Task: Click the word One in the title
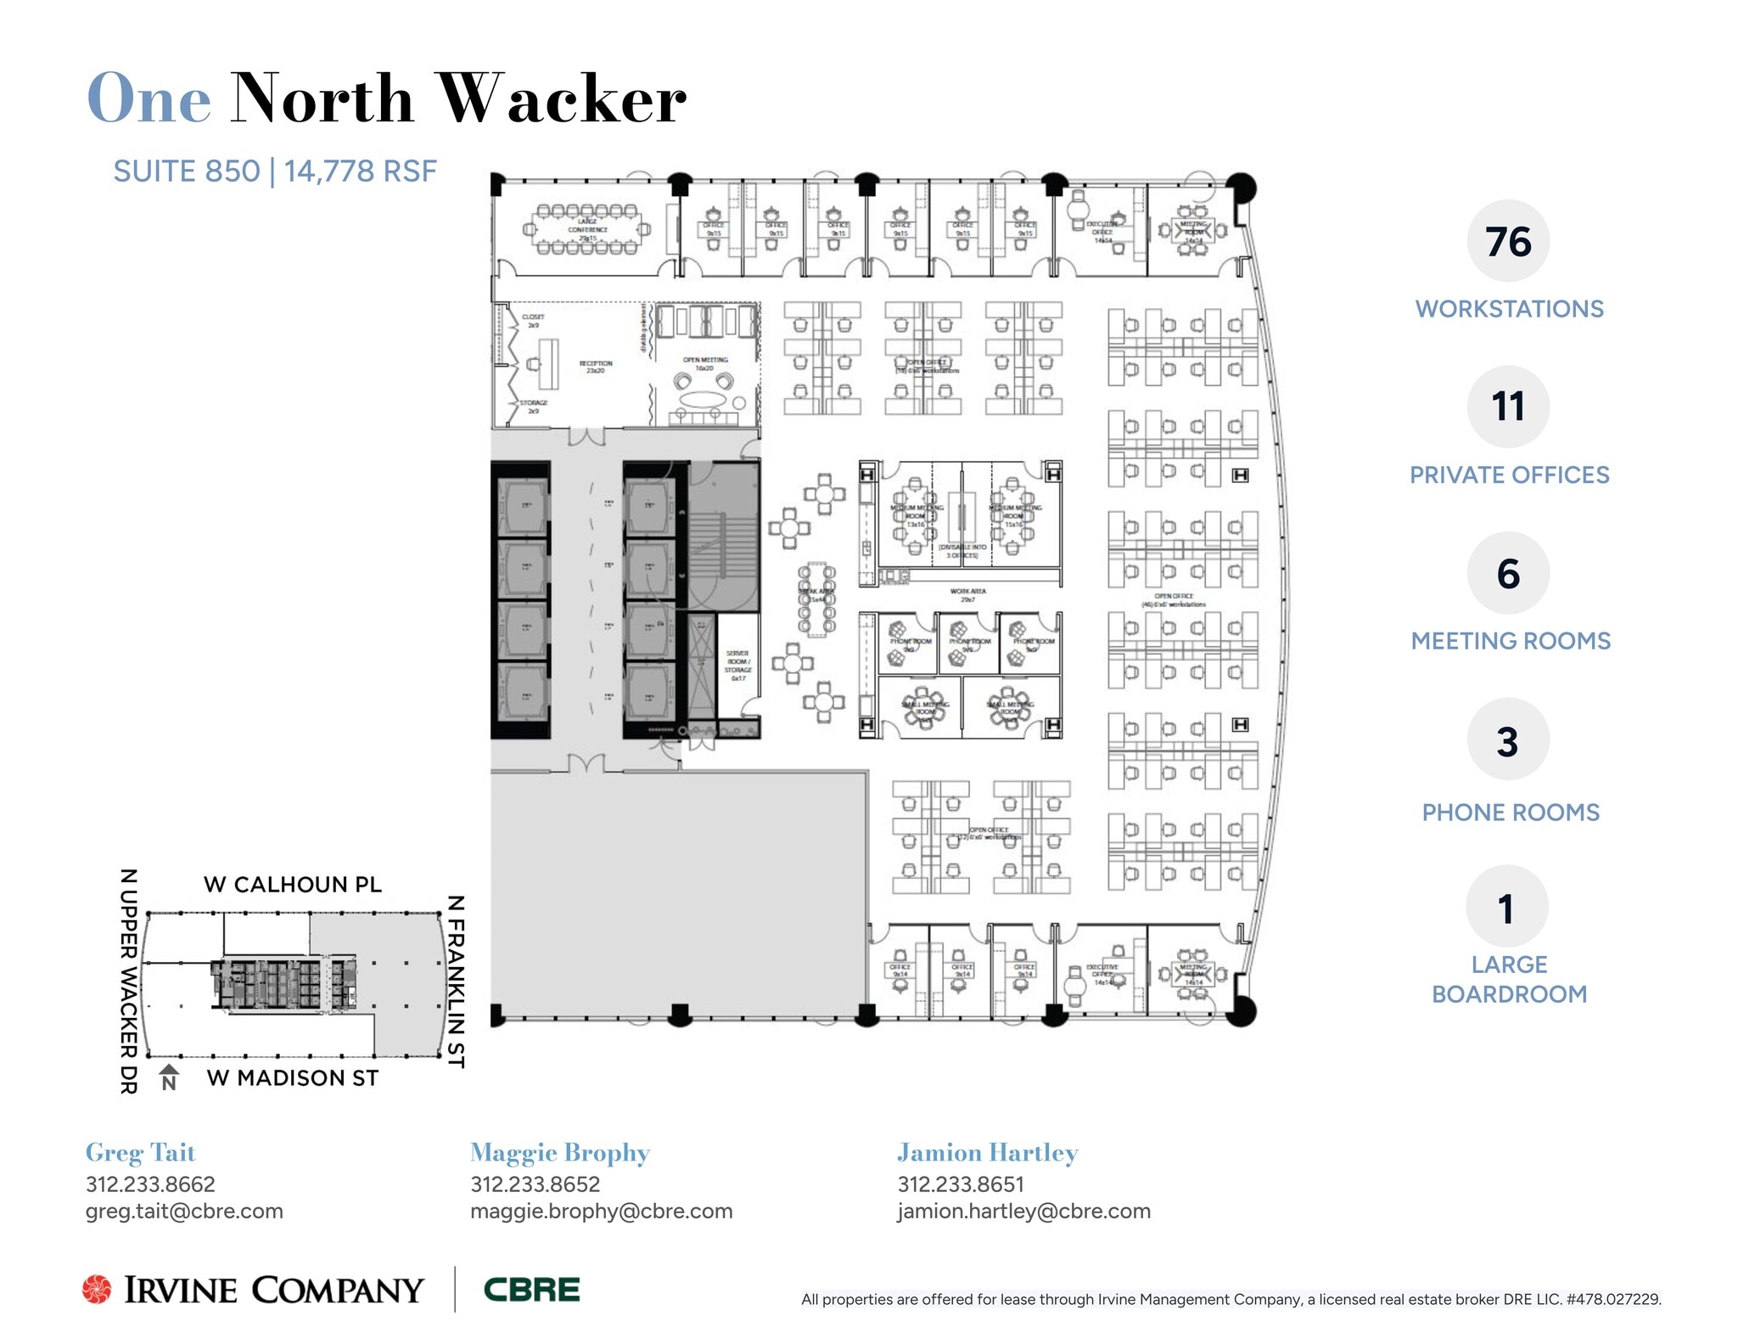(149, 99)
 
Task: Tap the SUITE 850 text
(186, 172)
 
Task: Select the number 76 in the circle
(1508, 242)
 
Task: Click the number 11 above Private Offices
(1508, 407)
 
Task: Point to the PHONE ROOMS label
(1510, 813)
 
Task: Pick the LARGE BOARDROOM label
(1509, 979)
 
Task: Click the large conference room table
(586, 229)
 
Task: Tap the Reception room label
(596, 367)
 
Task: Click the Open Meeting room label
(705, 363)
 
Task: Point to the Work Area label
(967, 594)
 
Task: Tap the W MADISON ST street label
(293, 1078)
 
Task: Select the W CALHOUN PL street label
(293, 885)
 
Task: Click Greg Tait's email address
(184, 1212)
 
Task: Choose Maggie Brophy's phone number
(535, 1184)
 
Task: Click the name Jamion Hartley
(987, 1153)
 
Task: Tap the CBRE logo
(531, 1290)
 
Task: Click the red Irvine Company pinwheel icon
(97, 1289)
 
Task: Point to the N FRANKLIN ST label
(456, 981)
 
